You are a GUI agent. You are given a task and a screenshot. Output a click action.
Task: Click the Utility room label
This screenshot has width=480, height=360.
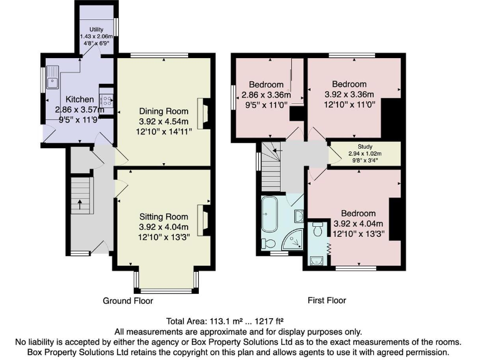tap(96, 29)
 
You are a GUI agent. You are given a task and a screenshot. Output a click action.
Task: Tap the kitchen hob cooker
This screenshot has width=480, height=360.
tap(106, 99)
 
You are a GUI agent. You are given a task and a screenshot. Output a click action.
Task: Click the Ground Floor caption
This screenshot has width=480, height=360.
tap(127, 301)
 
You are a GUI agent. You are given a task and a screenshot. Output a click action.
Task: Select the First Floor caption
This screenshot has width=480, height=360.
tap(327, 301)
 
